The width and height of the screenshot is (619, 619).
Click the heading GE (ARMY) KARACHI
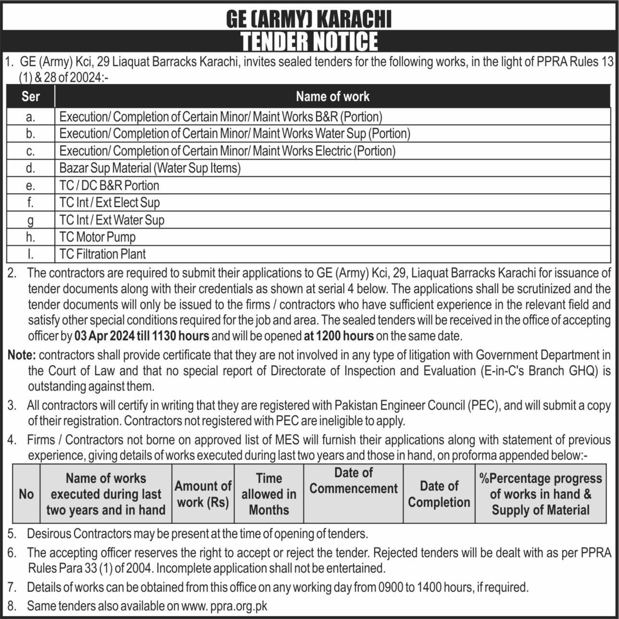(x=309, y=19)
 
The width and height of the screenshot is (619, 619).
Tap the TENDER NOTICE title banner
(x=309, y=41)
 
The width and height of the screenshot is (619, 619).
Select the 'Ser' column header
(x=30, y=96)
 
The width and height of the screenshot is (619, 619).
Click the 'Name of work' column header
(x=332, y=96)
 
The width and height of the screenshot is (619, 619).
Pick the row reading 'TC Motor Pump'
(x=98, y=237)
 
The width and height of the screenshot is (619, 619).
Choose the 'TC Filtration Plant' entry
(x=102, y=254)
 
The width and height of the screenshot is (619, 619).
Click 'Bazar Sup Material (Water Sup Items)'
(x=150, y=168)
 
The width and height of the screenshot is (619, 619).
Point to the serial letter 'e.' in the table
(x=30, y=186)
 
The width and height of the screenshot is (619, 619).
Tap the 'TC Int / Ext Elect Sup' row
(x=110, y=202)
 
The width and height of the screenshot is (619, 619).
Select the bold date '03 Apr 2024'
(x=101, y=336)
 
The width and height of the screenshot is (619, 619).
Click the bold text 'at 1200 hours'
(x=339, y=336)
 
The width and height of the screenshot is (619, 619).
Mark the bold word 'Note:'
(x=22, y=355)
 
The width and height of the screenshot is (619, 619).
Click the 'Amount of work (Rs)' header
(x=202, y=494)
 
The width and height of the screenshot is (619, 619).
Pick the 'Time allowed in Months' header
(x=269, y=494)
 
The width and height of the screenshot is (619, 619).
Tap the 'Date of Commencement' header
(x=354, y=481)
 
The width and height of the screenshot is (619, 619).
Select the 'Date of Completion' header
(x=439, y=494)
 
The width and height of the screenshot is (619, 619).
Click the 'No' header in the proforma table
(x=26, y=494)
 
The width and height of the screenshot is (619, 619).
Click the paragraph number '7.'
(x=12, y=587)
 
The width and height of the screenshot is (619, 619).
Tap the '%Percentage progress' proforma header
(x=541, y=479)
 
